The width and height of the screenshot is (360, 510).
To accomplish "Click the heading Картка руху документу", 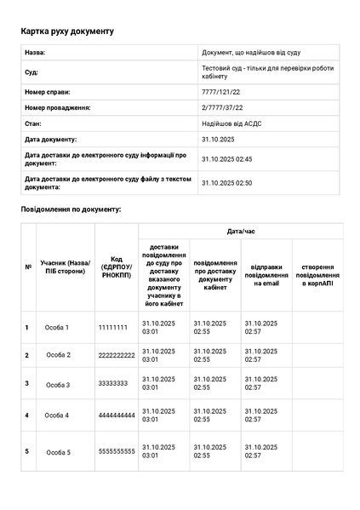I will coord(67,32).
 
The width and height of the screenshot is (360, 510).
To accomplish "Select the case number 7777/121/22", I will coord(221,91).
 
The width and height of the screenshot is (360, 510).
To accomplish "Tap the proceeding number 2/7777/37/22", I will coord(222,107).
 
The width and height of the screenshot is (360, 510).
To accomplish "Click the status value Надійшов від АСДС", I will coord(231,123).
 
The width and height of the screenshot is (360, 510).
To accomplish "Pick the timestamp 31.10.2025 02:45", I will coord(226,158).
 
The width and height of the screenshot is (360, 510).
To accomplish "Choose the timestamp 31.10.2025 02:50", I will coord(226,182).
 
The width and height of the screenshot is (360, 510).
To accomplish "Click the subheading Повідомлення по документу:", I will coord(71,209).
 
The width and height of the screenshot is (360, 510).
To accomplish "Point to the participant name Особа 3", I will coord(57,385).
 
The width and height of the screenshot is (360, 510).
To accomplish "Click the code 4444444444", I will coord(117,415).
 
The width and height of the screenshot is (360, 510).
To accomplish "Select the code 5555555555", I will coord(117,451).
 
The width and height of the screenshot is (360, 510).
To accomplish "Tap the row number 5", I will coord(27,451).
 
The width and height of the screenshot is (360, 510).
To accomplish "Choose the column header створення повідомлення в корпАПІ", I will coord(317,275).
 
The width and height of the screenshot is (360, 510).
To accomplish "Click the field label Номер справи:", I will coord(48,91).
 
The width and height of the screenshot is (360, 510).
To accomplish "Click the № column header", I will coord(27,266).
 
